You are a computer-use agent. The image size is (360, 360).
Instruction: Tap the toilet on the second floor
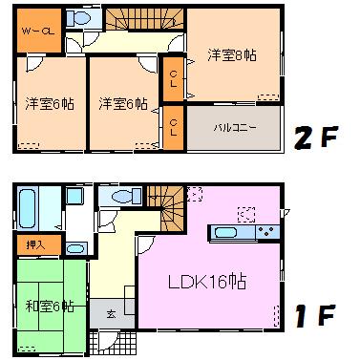pos(81,19)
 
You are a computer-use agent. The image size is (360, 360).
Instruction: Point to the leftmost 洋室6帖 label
pos(50,103)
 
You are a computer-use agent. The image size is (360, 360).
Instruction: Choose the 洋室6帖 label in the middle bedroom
pos(122,103)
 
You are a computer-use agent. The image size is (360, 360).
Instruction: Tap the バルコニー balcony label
pos(233,127)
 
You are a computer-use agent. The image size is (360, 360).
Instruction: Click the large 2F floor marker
pos(316,138)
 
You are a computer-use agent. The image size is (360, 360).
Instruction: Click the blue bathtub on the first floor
pos(26,207)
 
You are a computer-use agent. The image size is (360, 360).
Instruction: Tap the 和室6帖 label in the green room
pos(50,306)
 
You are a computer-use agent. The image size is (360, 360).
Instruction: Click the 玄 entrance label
pos(111,313)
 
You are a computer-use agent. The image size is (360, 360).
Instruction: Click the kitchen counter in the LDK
pos(245,232)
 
